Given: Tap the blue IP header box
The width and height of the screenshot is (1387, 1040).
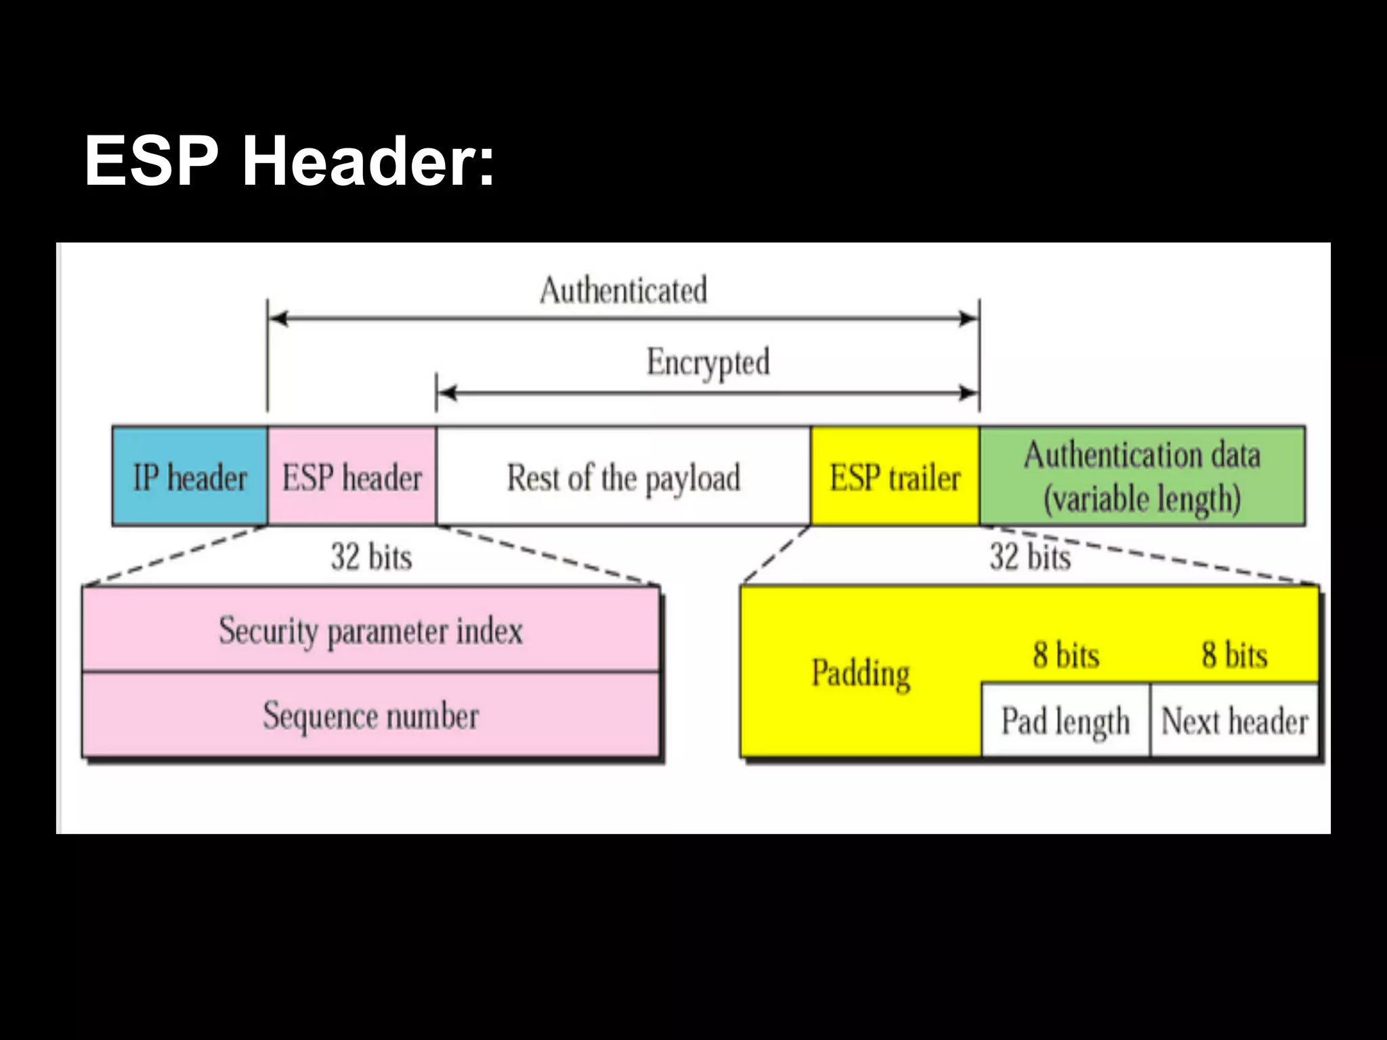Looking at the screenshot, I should click(190, 477).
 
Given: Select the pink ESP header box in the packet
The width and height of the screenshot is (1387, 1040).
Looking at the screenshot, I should click(351, 477).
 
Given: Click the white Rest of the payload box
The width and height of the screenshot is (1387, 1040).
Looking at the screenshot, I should click(623, 477).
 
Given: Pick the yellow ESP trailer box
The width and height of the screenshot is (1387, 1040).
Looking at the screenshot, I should click(895, 477).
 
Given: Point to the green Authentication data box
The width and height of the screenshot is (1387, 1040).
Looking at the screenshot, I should click(1142, 476).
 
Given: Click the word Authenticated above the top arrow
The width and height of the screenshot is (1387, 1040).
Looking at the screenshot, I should click(623, 290).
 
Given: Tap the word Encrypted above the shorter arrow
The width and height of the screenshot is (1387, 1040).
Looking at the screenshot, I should click(708, 362).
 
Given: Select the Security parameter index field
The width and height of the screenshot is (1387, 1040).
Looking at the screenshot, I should click(370, 630).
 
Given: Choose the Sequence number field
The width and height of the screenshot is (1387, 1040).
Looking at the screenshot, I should click(370, 716).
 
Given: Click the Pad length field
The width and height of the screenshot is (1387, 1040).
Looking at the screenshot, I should click(1065, 720).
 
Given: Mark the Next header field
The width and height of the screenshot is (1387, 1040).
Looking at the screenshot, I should click(1234, 720).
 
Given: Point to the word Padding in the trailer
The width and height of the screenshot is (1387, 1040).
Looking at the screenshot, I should click(861, 673).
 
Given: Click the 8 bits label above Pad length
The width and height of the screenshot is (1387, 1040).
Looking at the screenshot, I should click(1065, 655).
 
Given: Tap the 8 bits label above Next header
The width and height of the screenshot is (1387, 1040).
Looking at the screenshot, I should click(1234, 655).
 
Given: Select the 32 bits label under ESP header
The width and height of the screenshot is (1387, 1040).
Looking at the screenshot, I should click(371, 557).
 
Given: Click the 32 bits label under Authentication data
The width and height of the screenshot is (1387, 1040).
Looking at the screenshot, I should click(1030, 557).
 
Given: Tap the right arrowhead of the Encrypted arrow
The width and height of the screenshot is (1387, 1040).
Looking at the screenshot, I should click(968, 393).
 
